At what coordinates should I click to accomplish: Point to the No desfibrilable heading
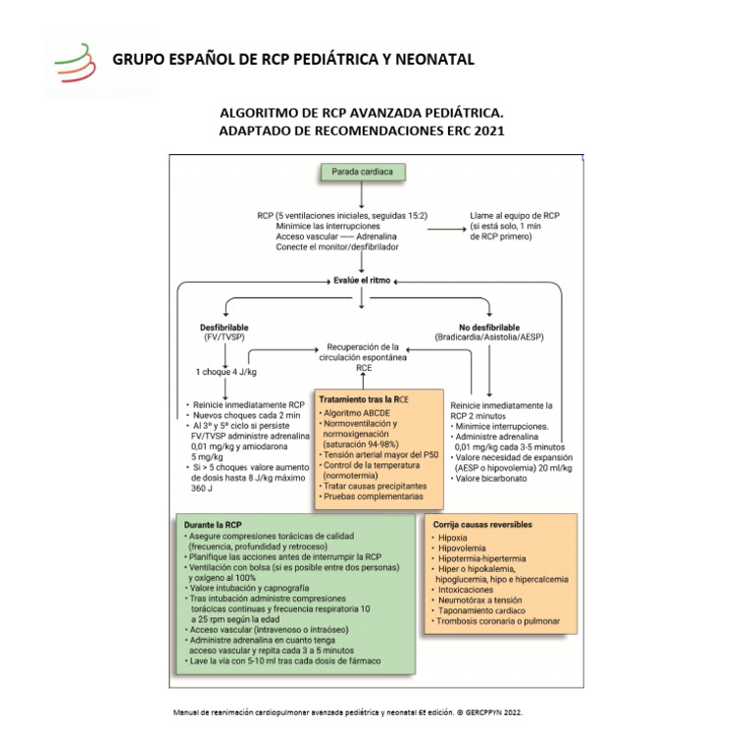click(x=489, y=327)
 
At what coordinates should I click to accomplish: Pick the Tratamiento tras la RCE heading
click(x=362, y=400)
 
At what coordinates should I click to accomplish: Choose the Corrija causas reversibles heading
click(x=480, y=525)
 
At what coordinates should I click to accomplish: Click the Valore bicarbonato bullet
click(x=488, y=478)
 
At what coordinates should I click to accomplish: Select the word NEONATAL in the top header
click(x=427, y=60)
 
